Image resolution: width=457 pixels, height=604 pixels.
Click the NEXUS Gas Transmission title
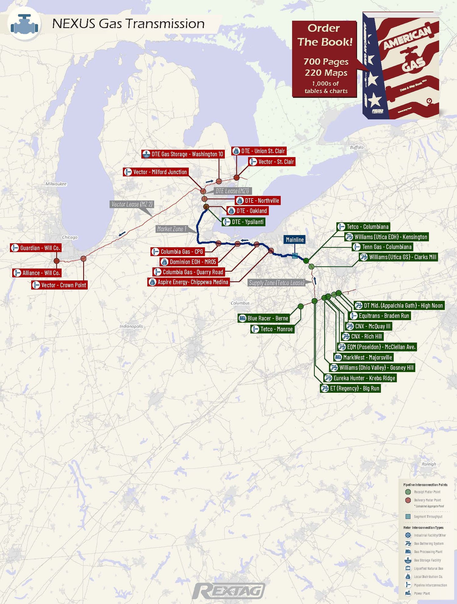point(128,24)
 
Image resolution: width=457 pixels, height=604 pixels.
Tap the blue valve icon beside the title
point(24,24)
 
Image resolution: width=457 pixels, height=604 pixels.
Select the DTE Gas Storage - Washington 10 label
point(183,154)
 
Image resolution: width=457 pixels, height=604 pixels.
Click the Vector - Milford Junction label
point(156,172)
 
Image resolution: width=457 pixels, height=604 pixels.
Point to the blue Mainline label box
point(295,240)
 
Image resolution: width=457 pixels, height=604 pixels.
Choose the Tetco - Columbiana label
point(363,227)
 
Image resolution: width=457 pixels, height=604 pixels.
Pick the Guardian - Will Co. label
point(36,248)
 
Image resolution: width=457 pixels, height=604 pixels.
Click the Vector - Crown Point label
point(59,285)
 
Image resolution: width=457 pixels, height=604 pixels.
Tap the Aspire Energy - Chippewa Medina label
point(189,282)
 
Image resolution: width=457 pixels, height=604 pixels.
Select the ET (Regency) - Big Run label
point(350,388)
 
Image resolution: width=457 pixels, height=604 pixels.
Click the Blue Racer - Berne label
point(264,318)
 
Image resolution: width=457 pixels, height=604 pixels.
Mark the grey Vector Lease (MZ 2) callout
point(132,204)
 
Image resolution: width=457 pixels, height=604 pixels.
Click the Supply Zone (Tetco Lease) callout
point(277,283)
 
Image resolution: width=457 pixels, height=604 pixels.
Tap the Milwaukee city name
point(56,184)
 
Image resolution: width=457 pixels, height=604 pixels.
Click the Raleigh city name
point(429,464)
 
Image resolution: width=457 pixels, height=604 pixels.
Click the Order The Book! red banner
point(324,59)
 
